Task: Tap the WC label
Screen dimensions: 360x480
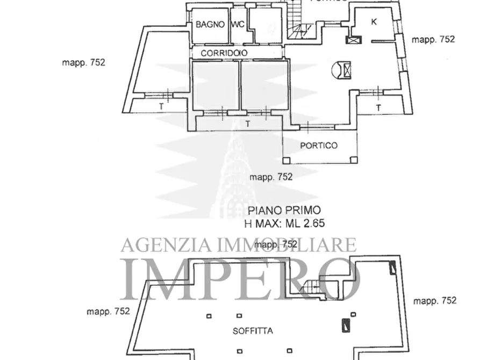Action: pyautogui.click(x=238, y=24)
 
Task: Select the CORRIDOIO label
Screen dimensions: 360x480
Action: pyautogui.click(x=224, y=53)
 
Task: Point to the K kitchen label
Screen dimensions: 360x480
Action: pyautogui.click(x=374, y=21)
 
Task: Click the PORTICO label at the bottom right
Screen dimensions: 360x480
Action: pyautogui.click(x=319, y=146)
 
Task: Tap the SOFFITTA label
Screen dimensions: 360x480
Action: pyautogui.click(x=253, y=331)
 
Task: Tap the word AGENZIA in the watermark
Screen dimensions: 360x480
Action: pyautogui.click(x=156, y=246)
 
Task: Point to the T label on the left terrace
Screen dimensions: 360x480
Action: pyautogui.click(x=161, y=107)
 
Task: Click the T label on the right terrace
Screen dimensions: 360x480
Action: pyautogui.click(x=379, y=107)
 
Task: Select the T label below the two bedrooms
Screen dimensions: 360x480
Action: pyautogui.click(x=247, y=124)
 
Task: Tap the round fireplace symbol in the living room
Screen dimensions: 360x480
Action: pyautogui.click(x=342, y=69)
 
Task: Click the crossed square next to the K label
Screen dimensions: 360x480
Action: pyautogui.click(x=353, y=39)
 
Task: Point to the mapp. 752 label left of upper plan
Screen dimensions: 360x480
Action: pyautogui.click(x=84, y=62)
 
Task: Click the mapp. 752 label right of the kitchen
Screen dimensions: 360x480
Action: pyautogui.click(x=433, y=39)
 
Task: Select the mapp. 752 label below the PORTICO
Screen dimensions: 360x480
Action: pyautogui.click(x=271, y=176)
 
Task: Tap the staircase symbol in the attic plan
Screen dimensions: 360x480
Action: pyautogui.click(x=312, y=290)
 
